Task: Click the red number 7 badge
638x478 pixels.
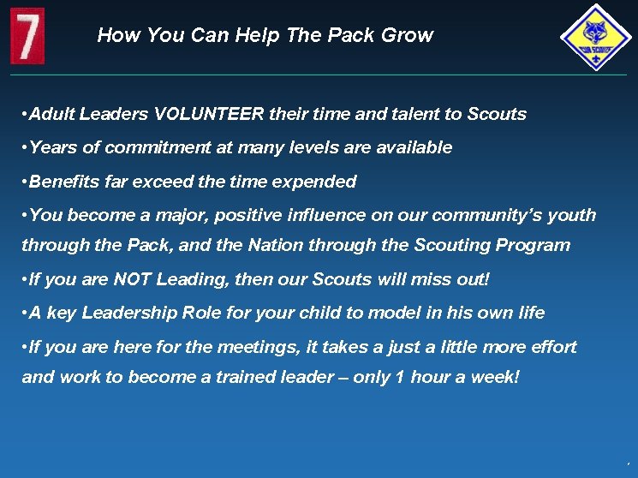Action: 27,36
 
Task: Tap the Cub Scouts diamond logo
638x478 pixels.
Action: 595,37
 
